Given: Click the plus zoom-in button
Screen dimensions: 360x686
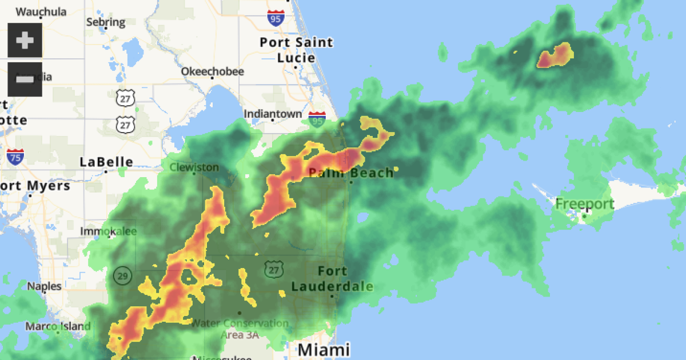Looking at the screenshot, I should [25, 41].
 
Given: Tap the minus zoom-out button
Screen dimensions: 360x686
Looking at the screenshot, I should [25, 79].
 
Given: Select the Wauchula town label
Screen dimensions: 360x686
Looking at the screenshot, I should [41, 11].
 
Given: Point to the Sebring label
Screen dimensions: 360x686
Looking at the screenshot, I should [105, 22].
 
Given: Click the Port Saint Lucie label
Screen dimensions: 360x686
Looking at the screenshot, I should [296, 50].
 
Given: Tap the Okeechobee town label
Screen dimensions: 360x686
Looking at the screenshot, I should [212, 71].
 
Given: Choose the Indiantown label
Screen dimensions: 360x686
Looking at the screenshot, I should [273, 114].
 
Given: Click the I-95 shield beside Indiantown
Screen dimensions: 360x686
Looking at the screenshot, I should [317, 119].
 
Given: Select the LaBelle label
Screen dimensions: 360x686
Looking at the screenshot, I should [106, 162].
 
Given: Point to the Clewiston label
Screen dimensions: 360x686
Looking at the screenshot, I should [194, 167].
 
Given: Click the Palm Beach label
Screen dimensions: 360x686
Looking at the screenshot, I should [351, 173].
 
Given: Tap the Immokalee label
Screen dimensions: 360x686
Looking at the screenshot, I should [109, 231].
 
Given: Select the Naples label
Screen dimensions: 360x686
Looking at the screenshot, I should [45, 286].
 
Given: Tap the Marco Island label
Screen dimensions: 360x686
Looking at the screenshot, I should [57, 327].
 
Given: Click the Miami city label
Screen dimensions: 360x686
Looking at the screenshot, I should [324, 349].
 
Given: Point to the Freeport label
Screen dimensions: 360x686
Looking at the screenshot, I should [584, 204].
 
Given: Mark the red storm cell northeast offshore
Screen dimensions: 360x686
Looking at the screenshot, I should [555, 56].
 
